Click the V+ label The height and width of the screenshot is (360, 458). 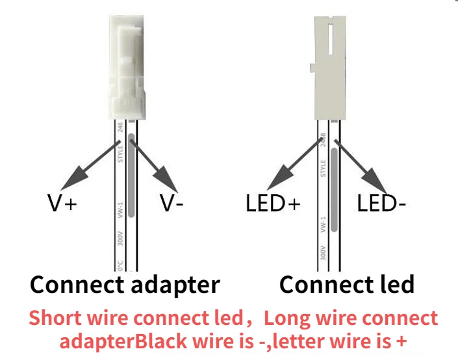click(x=62, y=203)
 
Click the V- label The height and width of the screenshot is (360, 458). click(x=172, y=203)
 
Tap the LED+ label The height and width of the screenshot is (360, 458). click(x=273, y=203)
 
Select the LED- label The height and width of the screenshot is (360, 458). click(x=381, y=203)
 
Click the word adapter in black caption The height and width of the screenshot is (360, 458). click(x=173, y=285)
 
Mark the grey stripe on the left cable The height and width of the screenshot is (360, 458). click(x=131, y=175)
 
